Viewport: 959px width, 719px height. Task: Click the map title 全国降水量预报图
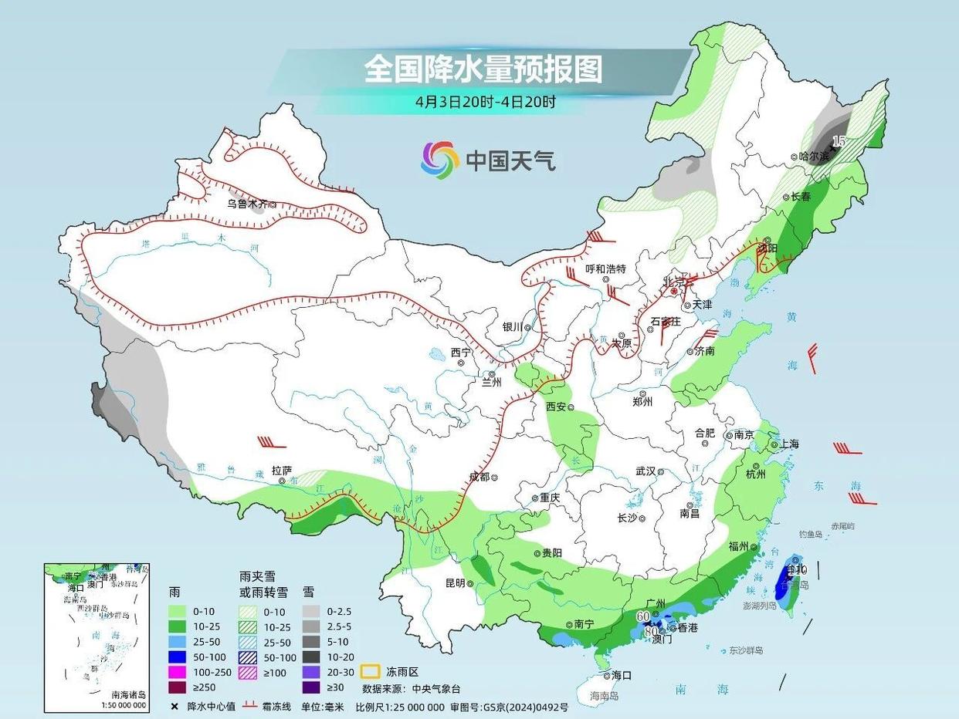[x=483, y=70]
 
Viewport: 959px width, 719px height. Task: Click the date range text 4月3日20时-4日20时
[x=486, y=101]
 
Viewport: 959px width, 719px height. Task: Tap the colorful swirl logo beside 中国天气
[x=439, y=160]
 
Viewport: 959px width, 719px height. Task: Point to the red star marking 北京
[x=674, y=292]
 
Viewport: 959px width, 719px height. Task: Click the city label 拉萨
[x=282, y=469]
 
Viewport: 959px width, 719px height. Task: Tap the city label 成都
[x=479, y=477]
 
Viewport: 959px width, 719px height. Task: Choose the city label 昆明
[x=455, y=583]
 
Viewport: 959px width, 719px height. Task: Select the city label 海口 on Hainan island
[x=622, y=675]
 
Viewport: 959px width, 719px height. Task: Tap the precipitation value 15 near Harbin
[x=839, y=140]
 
